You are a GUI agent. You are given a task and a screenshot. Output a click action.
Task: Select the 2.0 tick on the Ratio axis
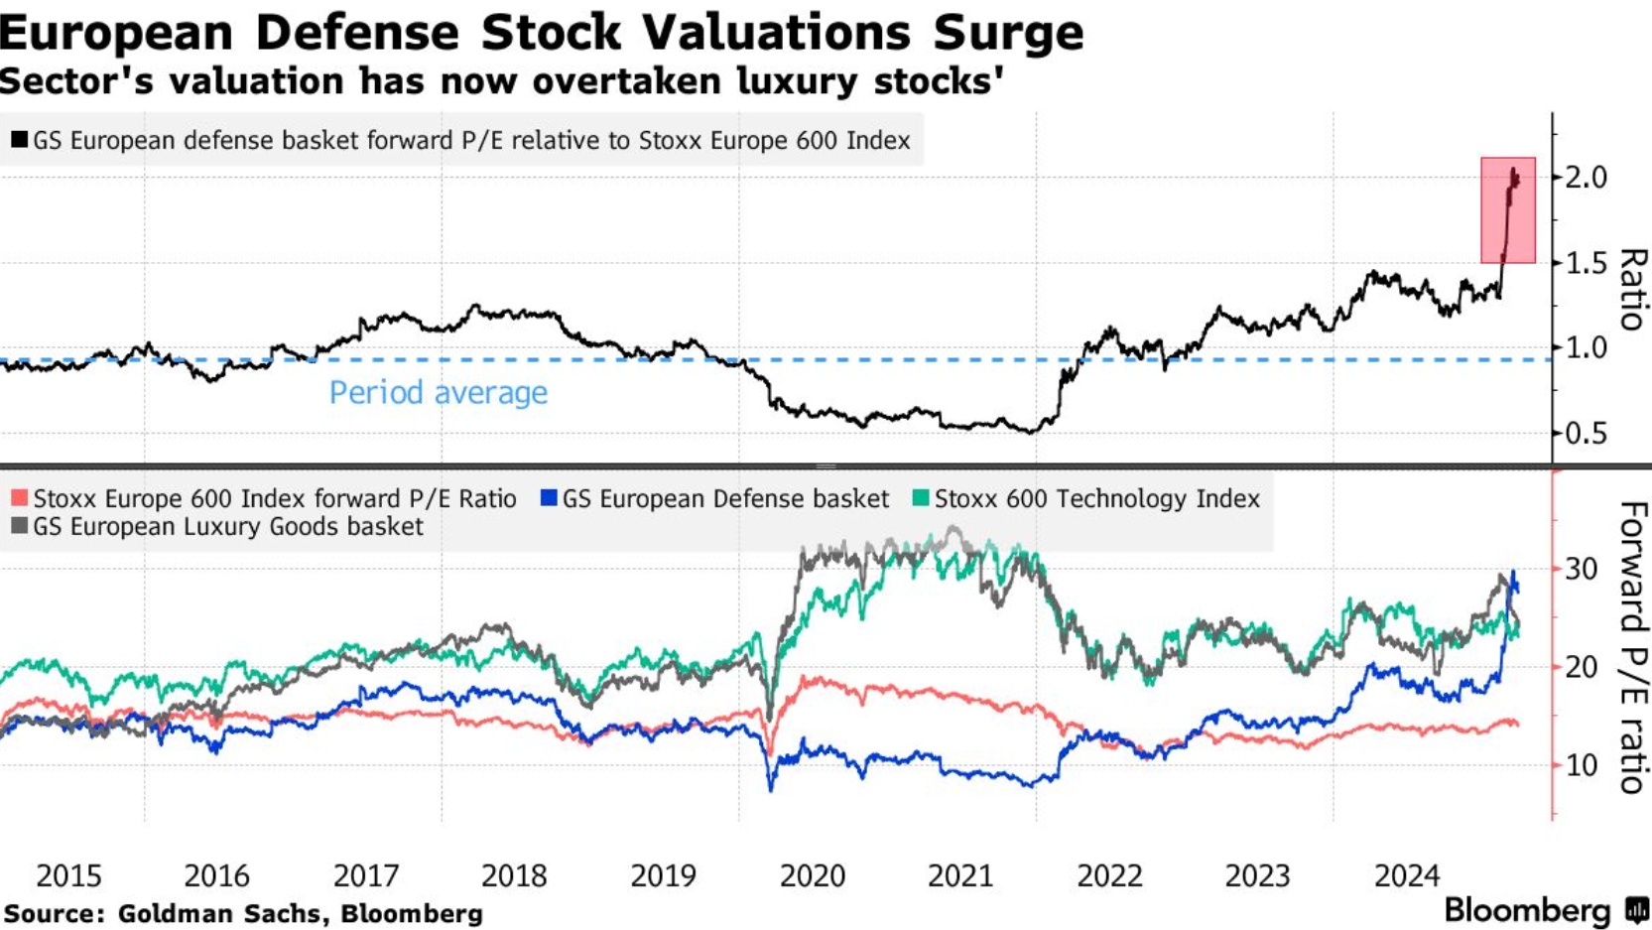tap(1586, 178)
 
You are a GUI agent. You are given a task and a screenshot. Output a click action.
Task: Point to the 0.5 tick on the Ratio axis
tap(1586, 434)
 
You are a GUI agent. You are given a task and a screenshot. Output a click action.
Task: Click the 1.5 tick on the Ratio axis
tap(1586, 264)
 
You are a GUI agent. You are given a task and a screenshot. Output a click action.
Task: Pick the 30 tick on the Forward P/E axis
tap(1582, 570)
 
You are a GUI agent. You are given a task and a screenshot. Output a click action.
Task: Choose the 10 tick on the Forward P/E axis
tap(1582, 765)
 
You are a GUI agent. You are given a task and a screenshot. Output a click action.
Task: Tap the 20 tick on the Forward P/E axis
tap(1582, 667)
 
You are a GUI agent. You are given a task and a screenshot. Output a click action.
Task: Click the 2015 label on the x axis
tap(68, 875)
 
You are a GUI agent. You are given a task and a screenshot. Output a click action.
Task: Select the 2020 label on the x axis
tap(813, 875)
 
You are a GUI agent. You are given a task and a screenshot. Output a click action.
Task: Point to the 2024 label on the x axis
tap(1407, 875)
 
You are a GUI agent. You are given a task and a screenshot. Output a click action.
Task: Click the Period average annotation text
tap(438, 393)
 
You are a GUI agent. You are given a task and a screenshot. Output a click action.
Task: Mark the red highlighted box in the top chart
tap(1508, 210)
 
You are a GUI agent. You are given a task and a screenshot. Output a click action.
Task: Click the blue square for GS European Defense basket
tap(549, 498)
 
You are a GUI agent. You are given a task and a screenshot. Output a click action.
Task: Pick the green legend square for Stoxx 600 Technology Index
tap(921, 498)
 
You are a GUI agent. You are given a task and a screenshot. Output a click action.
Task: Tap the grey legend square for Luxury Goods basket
tap(19, 526)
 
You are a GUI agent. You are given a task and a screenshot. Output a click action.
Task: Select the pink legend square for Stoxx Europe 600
tap(19, 498)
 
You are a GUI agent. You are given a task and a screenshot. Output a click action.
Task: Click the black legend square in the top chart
tap(19, 140)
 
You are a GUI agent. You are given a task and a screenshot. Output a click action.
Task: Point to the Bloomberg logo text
tap(1526, 910)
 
